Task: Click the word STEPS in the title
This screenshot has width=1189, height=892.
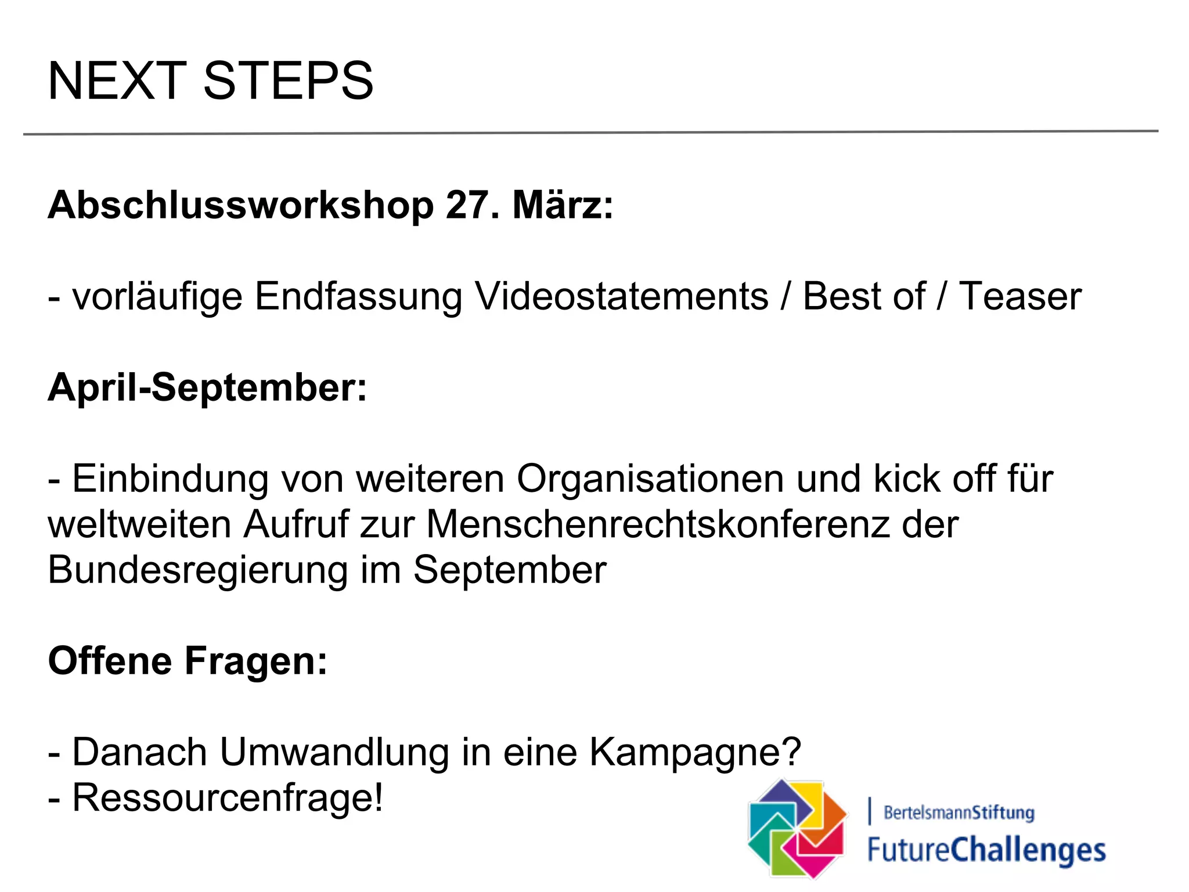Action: tap(288, 81)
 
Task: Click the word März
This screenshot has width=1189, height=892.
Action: tap(562, 206)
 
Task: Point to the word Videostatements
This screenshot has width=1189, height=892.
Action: tap(621, 296)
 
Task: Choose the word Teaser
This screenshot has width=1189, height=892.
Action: tap(1020, 296)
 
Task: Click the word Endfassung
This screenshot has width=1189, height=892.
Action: tap(358, 296)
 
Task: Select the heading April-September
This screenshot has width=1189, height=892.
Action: tap(207, 387)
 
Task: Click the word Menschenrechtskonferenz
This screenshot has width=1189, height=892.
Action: tap(658, 524)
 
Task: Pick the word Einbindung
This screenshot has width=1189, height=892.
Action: tap(170, 479)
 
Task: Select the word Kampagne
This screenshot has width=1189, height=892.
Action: tap(695, 752)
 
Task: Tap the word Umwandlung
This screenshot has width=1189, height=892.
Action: tap(334, 752)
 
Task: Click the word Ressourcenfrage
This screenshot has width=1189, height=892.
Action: tap(227, 797)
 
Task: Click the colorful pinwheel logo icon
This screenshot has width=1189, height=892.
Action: tap(798, 828)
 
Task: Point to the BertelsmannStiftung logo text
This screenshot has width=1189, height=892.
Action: tap(959, 812)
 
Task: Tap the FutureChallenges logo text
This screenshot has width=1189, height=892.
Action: tap(986, 850)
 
